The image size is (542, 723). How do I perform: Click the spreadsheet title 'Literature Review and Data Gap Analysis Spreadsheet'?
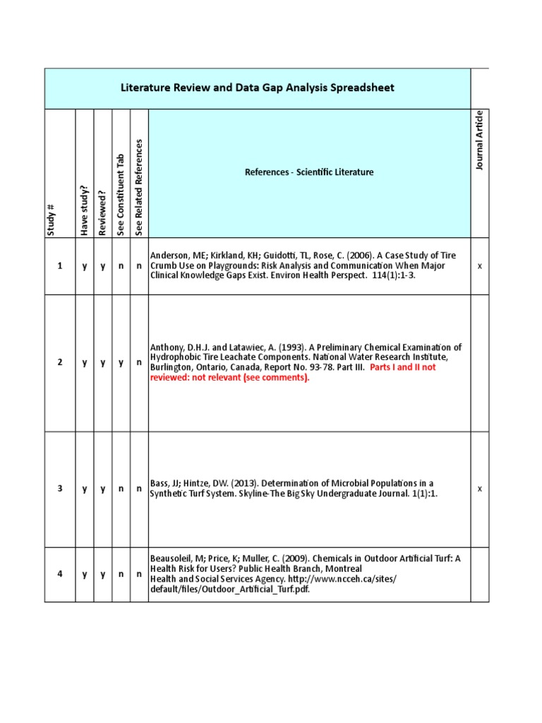258,88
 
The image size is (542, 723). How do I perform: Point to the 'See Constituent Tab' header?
121,194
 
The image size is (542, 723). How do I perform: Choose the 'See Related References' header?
139,187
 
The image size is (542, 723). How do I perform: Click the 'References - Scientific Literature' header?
309,172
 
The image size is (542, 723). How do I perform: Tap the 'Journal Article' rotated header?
480,140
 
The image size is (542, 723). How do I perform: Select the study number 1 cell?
60,265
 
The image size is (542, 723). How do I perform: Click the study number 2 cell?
60,362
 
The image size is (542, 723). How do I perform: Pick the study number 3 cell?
60,489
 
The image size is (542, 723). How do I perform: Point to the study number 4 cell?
60,574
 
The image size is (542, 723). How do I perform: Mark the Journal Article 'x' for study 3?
480,489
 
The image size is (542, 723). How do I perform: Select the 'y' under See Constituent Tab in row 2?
121,362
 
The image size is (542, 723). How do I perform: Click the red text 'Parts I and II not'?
403,367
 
